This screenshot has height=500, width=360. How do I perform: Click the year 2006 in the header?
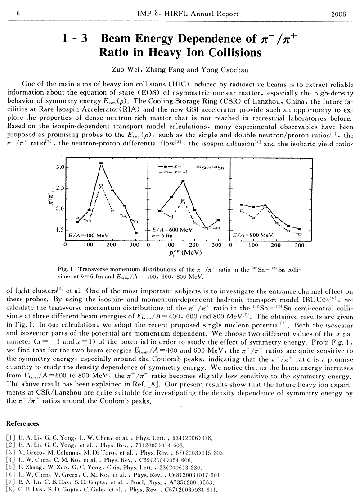click(337, 14)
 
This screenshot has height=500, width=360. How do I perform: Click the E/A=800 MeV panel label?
click(252, 235)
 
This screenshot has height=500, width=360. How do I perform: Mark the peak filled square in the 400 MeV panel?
click(101, 164)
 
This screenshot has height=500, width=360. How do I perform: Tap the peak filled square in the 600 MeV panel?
click(183, 181)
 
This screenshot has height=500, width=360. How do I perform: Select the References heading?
click(23, 423)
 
